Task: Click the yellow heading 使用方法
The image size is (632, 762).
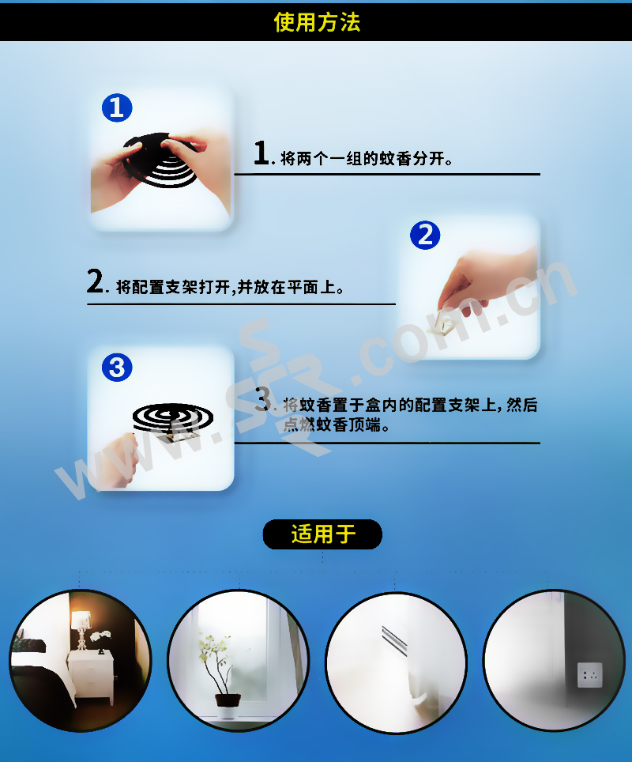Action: pos(317,22)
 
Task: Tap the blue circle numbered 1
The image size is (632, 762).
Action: pos(117,108)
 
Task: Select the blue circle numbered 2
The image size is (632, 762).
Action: pos(425,236)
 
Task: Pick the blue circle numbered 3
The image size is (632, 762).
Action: pos(117,367)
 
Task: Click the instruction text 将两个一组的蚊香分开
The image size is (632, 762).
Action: pos(367,158)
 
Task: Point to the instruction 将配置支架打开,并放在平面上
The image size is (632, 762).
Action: pos(230,287)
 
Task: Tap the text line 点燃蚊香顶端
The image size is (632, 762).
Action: pos(336,424)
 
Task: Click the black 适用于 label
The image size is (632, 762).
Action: pos(322,534)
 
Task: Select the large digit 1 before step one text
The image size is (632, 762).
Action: pos(261,153)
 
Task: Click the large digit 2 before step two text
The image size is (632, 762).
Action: pos(96,281)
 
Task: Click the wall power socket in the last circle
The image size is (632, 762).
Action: pos(590,674)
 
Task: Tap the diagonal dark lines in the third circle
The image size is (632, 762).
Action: pos(394,638)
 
